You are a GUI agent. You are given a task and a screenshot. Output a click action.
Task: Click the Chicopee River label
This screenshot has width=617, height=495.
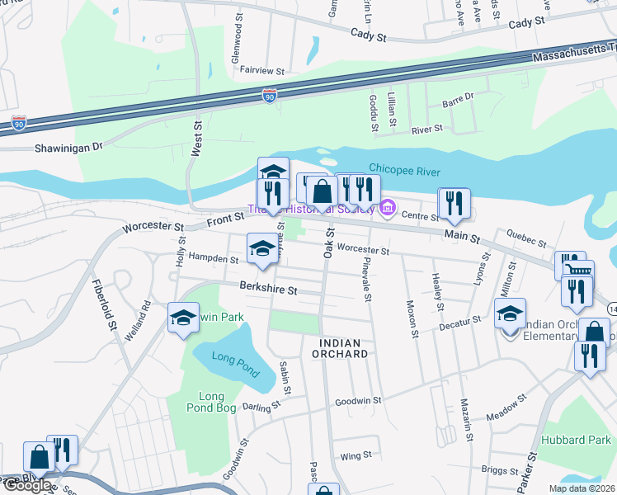click(405, 171)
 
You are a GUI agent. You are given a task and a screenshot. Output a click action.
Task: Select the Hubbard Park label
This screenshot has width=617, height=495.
click(576, 440)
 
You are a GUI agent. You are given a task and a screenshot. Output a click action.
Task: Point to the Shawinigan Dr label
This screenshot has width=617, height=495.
click(68, 147)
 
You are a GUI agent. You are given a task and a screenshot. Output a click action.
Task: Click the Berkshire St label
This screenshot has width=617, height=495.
click(268, 290)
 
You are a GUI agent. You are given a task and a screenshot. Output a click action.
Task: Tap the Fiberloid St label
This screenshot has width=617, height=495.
click(111, 304)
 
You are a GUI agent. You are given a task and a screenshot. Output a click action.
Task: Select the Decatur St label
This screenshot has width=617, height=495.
click(459, 320)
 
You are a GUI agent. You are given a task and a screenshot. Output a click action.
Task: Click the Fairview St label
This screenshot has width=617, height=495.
click(261, 71)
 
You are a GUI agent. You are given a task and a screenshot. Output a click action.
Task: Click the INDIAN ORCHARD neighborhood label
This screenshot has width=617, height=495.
click(339, 347)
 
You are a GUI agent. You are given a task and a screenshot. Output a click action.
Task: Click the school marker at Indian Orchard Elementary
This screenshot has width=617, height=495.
click(511, 314)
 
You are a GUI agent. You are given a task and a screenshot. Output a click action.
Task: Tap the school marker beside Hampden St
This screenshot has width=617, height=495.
click(262, 248)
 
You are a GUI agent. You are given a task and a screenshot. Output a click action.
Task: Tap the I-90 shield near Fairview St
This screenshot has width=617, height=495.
click(270, 96)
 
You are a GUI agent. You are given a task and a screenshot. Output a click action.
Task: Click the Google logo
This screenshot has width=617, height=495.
click(26, 486)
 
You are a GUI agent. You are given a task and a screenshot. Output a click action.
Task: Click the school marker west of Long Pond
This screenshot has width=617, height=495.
click(182, 318)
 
